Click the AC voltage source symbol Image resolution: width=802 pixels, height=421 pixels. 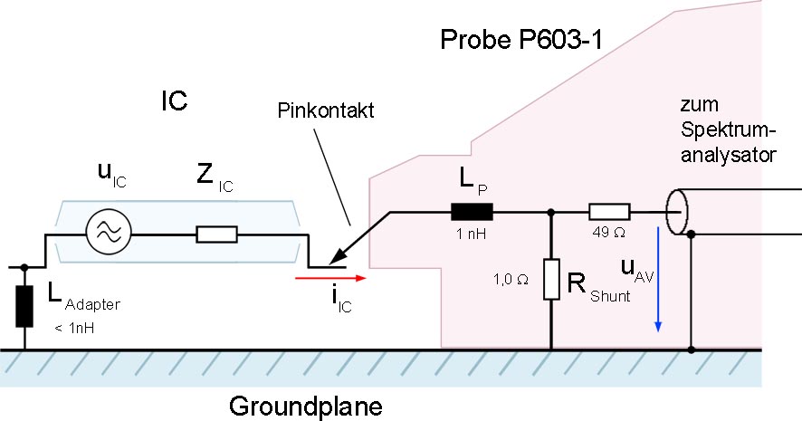108,234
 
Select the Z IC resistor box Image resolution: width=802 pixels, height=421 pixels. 216,234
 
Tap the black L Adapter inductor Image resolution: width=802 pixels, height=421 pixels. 24,306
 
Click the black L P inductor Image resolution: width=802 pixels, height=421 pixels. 472,211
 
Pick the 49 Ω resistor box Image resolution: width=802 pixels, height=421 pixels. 609,211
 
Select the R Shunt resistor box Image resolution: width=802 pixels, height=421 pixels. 551,279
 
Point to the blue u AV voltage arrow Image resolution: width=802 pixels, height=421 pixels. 658,280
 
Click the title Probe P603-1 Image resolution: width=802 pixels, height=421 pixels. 521,40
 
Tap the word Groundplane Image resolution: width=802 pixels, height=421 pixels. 305,407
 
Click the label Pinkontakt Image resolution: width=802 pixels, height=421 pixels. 326,110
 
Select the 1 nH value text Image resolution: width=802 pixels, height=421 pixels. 471,234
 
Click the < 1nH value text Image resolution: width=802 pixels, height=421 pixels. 74,328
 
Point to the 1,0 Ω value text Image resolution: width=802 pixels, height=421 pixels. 511,280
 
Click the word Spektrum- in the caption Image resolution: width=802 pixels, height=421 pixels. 729,130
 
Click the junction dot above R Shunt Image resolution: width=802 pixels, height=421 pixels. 551,211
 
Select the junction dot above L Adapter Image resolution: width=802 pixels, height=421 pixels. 24,266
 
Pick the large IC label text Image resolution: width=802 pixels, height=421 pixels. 175,100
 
